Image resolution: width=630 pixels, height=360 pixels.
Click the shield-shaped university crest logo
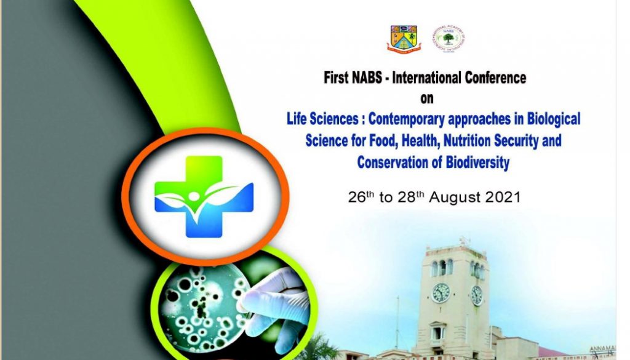point(404,38)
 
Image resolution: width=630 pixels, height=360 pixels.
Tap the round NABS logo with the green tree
point(448,38)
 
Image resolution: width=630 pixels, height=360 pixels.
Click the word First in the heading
point(337,78)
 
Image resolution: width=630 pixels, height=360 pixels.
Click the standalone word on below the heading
point(426,98)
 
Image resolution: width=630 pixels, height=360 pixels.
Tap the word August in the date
point(452,198)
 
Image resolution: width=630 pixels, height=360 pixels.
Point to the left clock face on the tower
point(441,293)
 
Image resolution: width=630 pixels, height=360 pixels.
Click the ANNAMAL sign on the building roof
point(616,350)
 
